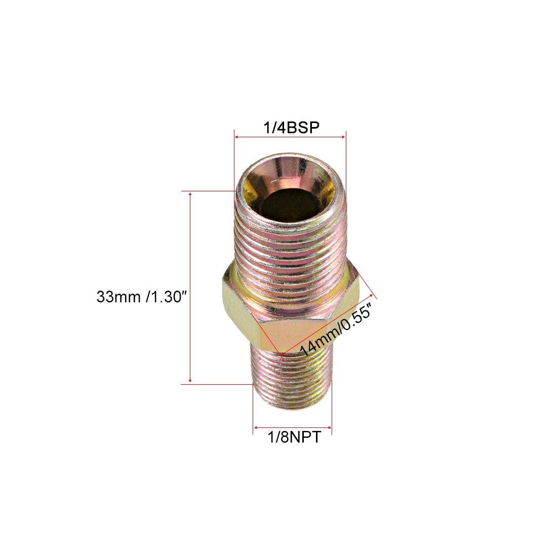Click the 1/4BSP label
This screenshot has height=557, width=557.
291,128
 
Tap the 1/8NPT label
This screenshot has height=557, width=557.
294,437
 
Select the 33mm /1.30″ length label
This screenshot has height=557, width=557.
141,297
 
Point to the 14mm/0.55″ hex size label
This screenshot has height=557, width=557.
335,329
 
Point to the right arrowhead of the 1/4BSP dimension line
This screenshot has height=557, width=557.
343,137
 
